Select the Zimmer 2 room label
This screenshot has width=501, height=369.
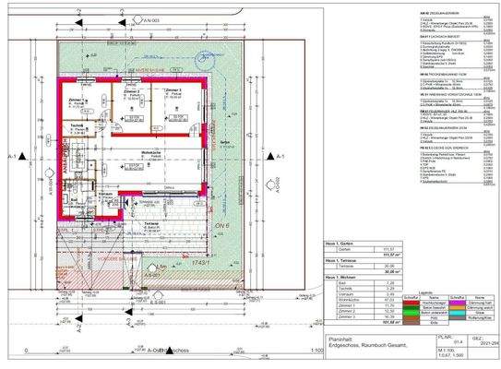tap(132, 92)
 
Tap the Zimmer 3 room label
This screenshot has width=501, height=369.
tap(173, 89)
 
